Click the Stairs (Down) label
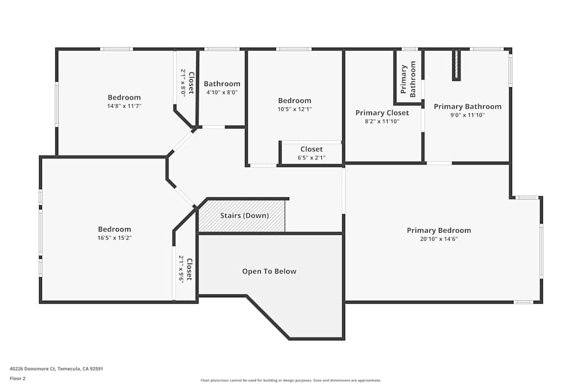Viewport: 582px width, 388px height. click(244, 215)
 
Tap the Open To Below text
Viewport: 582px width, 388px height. click(269, 271)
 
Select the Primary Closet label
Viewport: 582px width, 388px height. click(382, 113)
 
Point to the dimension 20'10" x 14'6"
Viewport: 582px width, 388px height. click(439, 239)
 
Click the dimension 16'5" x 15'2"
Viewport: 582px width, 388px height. click(114, 238)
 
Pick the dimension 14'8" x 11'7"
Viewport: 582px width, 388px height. click(124, 106)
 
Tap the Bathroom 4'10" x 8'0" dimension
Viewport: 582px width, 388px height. click(222, 92)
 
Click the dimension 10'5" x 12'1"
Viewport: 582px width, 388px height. click(294, 109)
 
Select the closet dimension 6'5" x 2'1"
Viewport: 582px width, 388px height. click(311, 158)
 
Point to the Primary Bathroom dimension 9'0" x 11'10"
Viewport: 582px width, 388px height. click(467, 115)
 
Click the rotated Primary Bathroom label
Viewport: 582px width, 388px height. click(408, 79)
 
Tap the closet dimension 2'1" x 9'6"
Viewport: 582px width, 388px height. click(182, 269)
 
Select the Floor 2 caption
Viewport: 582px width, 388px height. click(17, 378)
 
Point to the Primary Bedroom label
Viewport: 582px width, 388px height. click(439, 230)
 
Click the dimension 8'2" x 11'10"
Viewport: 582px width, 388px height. click(382, 122)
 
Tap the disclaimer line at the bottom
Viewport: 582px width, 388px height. click(290, 380)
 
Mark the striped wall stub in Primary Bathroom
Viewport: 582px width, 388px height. click(456, 65)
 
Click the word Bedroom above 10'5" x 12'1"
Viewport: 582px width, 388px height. click(294, 101)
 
